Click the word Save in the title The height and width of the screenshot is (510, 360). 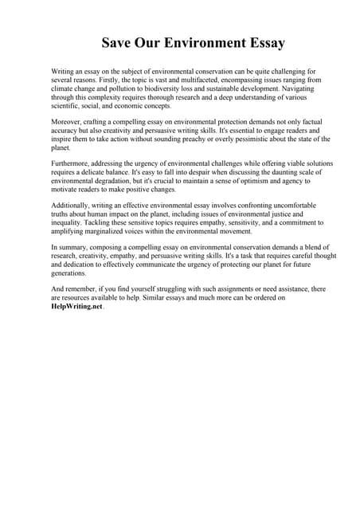(x=119, y=42)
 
